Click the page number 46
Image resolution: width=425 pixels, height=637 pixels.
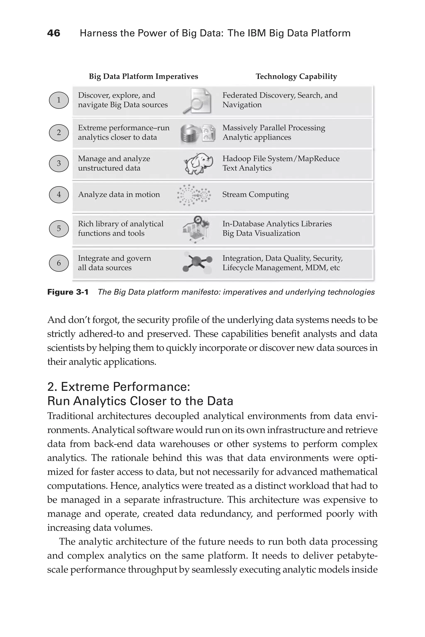pyautogui.click(x=54, y=33)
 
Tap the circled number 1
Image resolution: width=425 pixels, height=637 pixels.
pyautogui.click(x=59, y=100)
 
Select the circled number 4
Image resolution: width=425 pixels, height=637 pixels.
pyautogui.click(x=59, y=195)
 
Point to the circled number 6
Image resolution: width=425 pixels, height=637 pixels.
pyautogui.click(x=59, y=263)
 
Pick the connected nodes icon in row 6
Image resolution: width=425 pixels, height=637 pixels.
pyautogui.click(x=197, y=262)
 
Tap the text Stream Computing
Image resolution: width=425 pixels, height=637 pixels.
pyautogui.click(x=255, y=195)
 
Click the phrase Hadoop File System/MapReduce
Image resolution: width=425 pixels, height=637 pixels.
pyautogui.click(x=281, y=159)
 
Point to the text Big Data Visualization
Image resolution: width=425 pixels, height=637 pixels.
pyautogui.click(x=261, y=233)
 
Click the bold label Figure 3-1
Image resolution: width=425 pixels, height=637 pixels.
pyautogui.click(x=68, y=292)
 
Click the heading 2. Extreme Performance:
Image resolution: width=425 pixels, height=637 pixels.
pyautogui.click(x=118, y=387)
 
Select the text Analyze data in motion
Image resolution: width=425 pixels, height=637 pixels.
pyautogui.click(x=119, y=195)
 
